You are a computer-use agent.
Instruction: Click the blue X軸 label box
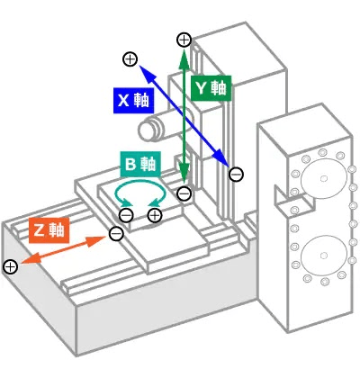click(134, 101)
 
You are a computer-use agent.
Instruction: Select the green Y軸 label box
click(211, 88)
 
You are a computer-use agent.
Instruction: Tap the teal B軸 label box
click(140, 164)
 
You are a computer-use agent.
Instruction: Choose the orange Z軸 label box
click(49, 230)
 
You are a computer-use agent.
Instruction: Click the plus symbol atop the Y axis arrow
click(184, 40)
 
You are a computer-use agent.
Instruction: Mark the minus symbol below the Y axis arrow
click(184, 193)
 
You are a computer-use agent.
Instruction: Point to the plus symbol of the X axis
click(130, 59)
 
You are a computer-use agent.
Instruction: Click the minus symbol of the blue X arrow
click(236, 175)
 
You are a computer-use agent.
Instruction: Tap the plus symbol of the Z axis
click(11, 266)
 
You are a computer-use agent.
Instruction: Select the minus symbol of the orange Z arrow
click(116, 233)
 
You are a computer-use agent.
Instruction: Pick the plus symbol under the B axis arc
click(155, 215)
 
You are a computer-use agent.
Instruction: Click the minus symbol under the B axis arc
click(126, 215)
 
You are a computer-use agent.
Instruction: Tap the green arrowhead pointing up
click(184, 58)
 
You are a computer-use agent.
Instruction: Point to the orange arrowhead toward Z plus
click(30, 259)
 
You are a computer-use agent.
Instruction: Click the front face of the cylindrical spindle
click(145, 130)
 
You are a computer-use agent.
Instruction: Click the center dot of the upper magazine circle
click(323, 178)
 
